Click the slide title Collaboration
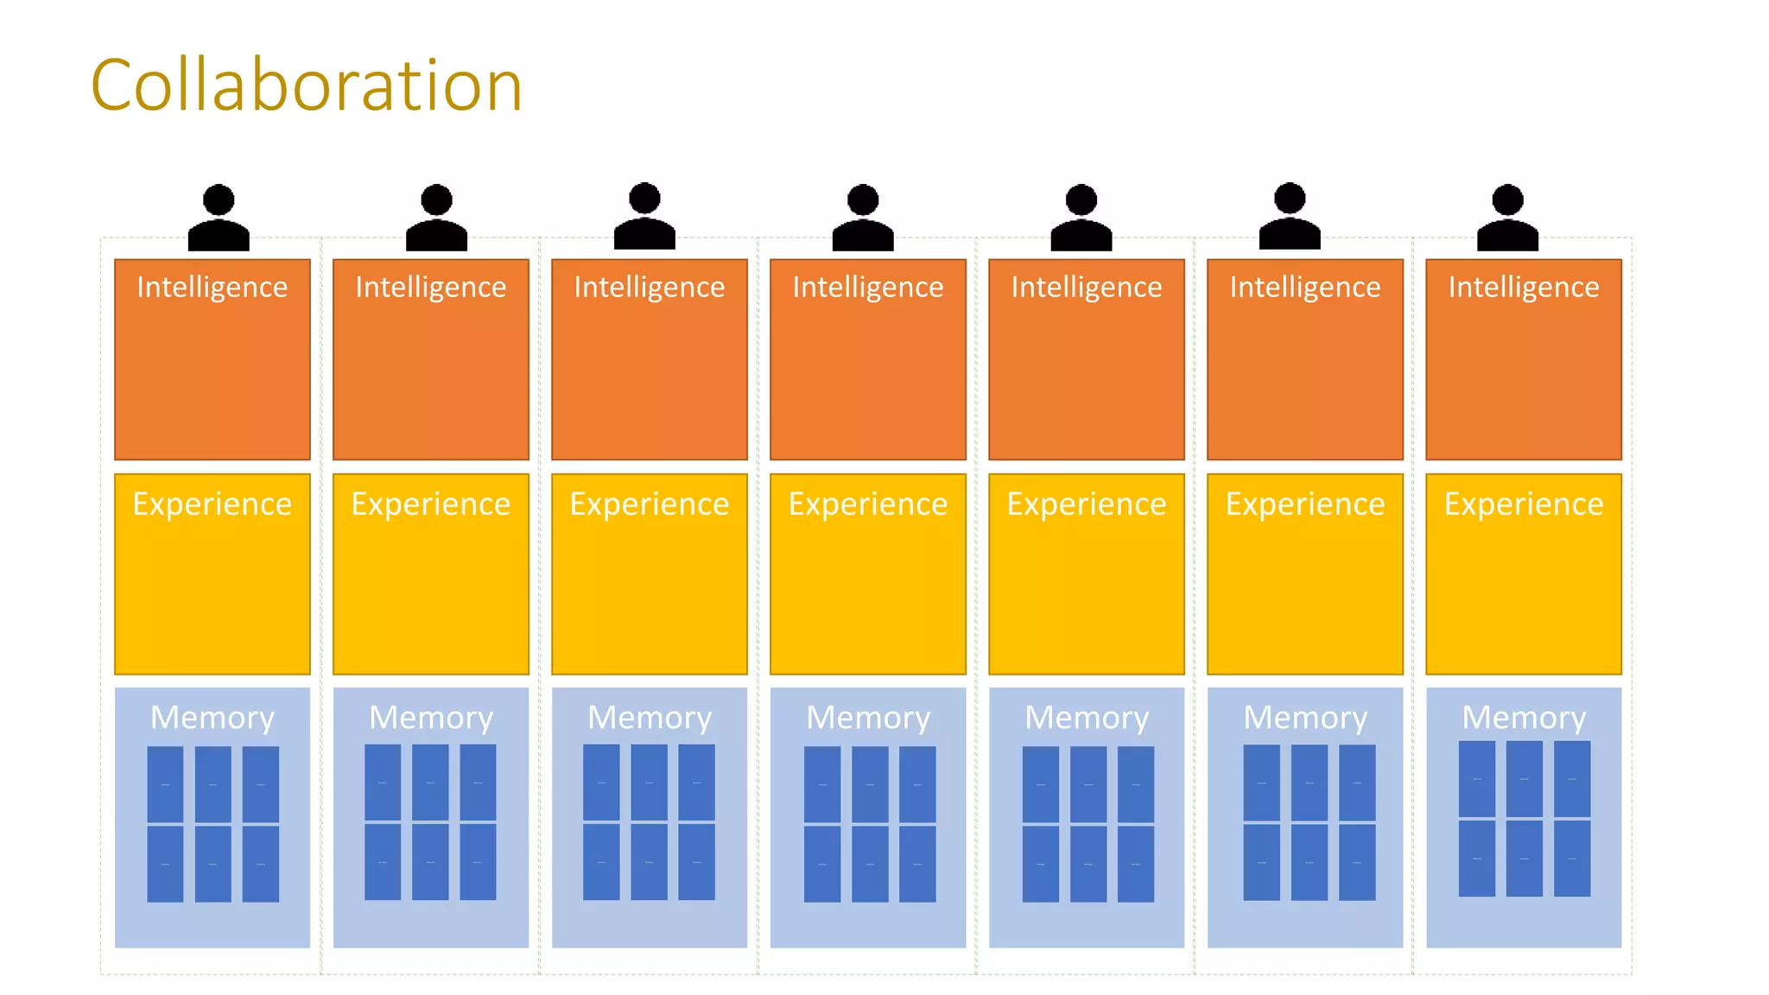[307, 86]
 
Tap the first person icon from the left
[219, 218]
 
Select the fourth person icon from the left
[863, 218]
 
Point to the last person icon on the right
[1507, 218]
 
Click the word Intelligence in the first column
[212, 287]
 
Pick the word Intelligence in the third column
[650, 287]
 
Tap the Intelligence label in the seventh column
[1524, 287]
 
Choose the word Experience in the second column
[431, 504]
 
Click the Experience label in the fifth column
[1087, 504]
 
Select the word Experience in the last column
[1524, 504]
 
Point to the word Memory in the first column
[212, 718]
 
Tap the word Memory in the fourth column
[868, 718]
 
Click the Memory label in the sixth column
[1305, 718]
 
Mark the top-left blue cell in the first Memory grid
[165, 784]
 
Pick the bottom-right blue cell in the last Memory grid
[1572, 859]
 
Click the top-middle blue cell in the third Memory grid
[649, 783]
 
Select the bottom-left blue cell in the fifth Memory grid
[1041, 864]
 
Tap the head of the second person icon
[436, 200]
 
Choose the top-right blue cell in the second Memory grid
[478, 783]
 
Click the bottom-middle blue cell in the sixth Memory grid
[1309, 862]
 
